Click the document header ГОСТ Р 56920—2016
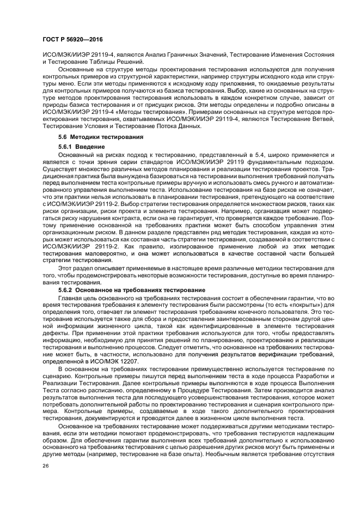coord(72,40)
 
